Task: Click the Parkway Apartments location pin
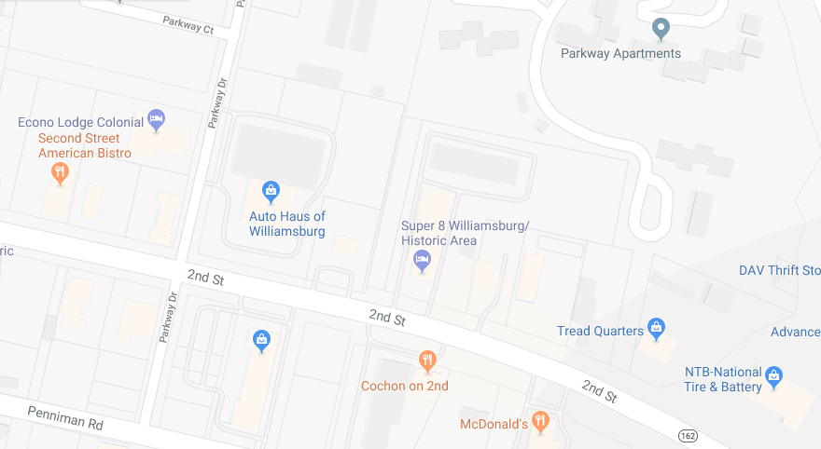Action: pos(661,29)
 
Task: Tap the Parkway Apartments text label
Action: pos(620,53)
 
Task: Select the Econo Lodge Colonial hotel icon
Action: pos(157,119)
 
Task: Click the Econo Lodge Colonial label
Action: pos(81,123)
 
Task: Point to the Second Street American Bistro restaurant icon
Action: pos(60,171)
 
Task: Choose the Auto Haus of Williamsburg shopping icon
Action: pos(271,191)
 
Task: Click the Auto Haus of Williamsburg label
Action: pos(286,224)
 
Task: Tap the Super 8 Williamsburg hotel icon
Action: pos(422,260)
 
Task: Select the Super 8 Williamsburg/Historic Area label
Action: pos(465,233)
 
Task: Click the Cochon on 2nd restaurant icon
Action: pos(426,359)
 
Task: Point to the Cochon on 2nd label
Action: pos(405,386)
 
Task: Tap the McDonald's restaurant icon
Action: pos(540,421)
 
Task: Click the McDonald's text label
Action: pos(494,425)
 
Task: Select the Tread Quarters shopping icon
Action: pos(657,329)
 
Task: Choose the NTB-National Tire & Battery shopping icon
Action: pos(773,375)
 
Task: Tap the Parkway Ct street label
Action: pos(188,25)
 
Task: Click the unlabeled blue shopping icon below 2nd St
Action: pos(262,340)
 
